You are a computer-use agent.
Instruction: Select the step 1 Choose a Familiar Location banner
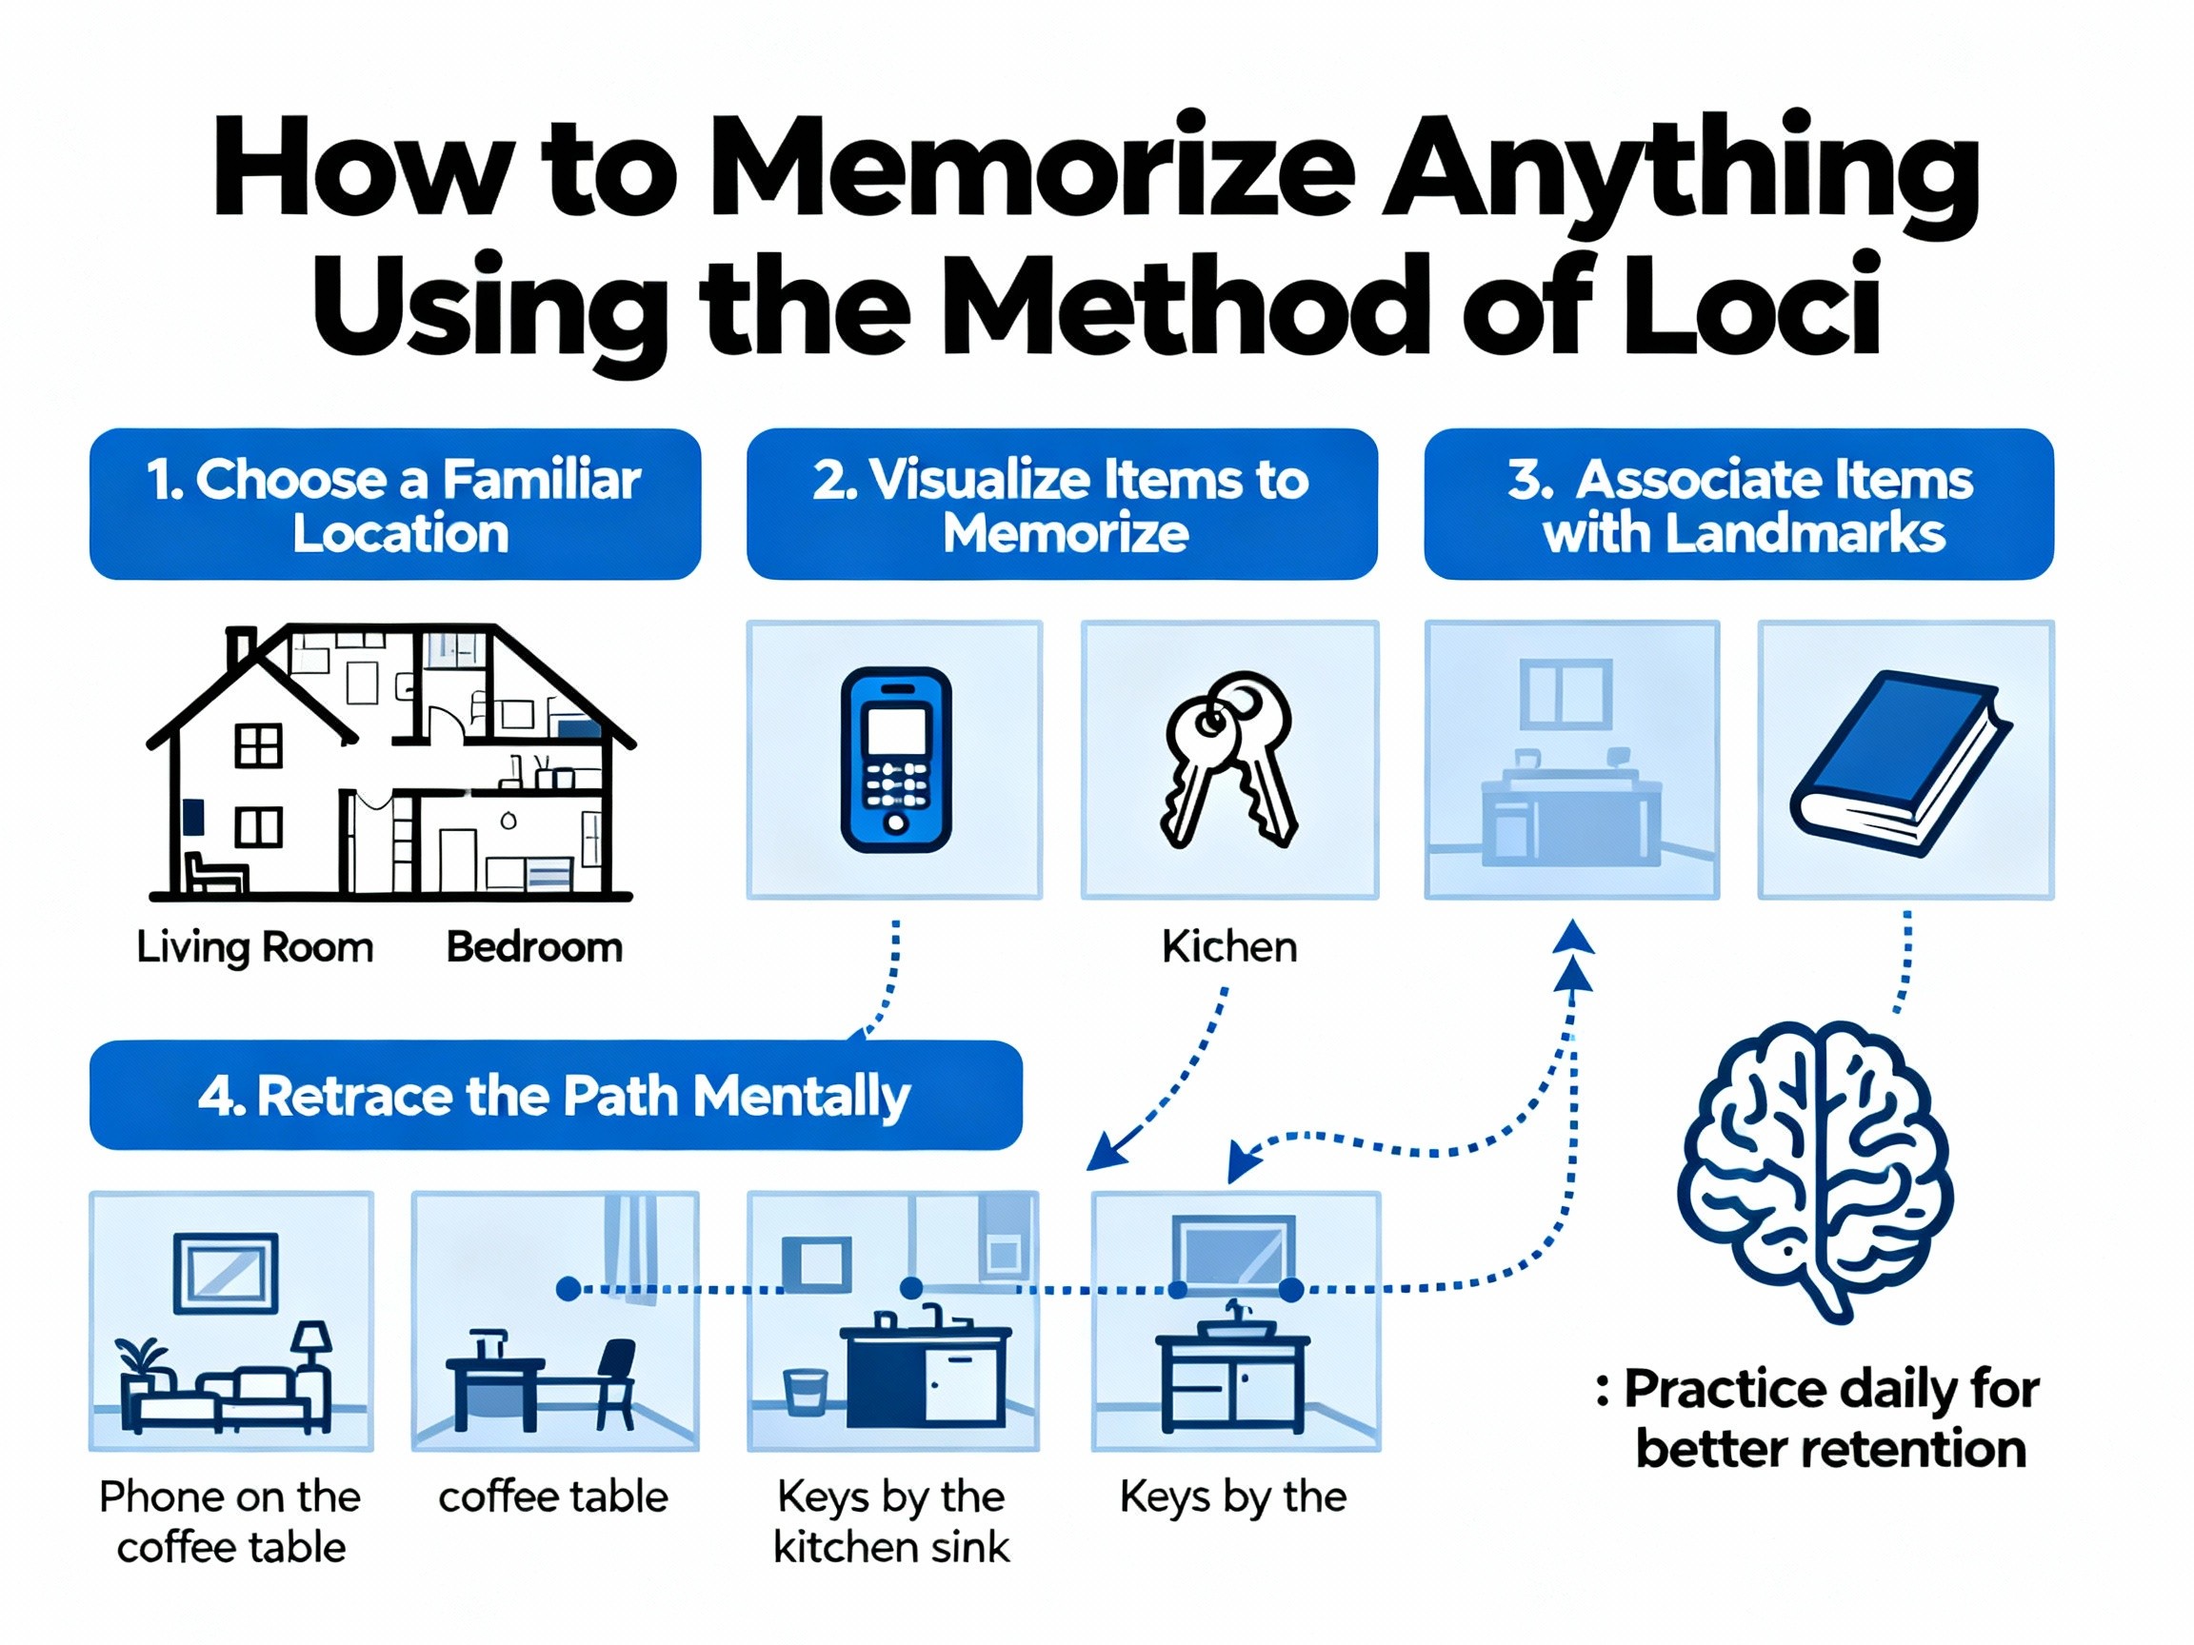[395, 504]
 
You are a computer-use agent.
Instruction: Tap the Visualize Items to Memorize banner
[1062, 504]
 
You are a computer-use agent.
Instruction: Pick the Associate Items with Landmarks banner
[1739, 504]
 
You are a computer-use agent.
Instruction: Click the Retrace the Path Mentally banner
[555, 1095]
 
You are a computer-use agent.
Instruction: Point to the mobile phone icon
[896, 760]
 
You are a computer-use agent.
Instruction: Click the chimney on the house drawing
[241, 649]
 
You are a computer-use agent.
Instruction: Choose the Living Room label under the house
[255, 948]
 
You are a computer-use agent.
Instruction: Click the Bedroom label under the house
[534, 948]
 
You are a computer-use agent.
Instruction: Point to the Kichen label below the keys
[1229, 947]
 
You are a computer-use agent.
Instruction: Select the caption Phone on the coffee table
[230, 1522]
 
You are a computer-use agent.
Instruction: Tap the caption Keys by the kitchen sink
[890, 1522]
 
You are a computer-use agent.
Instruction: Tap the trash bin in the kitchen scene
[806, 1391]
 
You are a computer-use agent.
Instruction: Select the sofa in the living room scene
[226, 1398]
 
